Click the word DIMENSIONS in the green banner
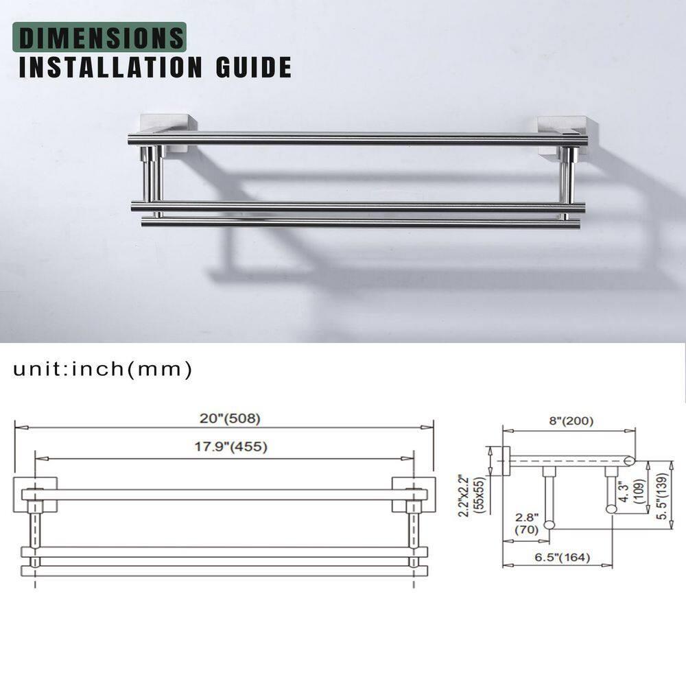click(x=102, y=37)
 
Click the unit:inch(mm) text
click(x=102, y=370)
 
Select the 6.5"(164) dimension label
click(x=562, y=557)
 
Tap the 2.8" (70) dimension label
click(x=527, y=523)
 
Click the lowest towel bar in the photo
click(x=360, y=223)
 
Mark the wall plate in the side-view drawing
click(x=506, y=461)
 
